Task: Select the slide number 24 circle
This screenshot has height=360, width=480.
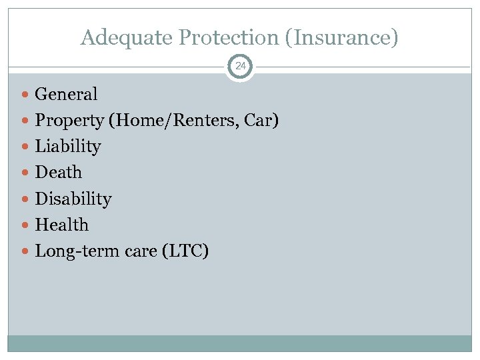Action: click(240, 67)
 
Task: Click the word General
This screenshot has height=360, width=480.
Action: click(66, 94)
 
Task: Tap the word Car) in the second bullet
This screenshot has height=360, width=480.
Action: click(262, 121)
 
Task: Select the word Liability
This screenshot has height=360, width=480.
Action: click(67, 147)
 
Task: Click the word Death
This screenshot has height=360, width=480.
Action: click(58, 173)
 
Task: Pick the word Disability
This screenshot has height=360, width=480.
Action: click(73, 199)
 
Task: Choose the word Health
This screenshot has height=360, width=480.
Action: click(61, 225)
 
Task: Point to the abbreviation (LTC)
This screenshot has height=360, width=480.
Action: click(185, 251)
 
